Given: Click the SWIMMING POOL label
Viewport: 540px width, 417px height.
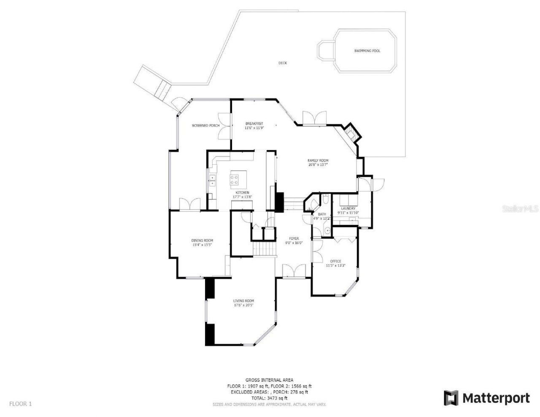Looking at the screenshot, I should [x=367, y=51].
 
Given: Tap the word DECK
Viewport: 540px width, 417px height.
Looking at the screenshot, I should [x=283, y=63].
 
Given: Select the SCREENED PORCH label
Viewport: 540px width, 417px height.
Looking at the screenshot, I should [x=206, y=126].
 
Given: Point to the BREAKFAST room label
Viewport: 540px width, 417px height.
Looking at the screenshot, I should [x=254, y=124].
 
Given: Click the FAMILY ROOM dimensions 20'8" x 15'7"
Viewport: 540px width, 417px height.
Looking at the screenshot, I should [x=318, y=165].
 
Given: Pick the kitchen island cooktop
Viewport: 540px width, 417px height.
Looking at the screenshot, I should [x=235, y=180].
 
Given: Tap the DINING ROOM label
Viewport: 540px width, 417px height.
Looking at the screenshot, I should [x=202, y=241].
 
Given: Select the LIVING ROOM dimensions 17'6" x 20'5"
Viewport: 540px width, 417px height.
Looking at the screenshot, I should [x=244, y=306].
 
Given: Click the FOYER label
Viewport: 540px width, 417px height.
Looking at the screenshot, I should [x=294, y=239].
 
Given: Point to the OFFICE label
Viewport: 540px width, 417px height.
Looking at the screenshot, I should [x=336, y=261].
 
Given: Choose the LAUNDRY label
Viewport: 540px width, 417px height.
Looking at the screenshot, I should [x=348, y=208].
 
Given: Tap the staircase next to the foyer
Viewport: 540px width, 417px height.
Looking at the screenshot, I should [x=264, y=248].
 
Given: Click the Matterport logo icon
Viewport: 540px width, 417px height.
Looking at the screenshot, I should [x=451, y=398].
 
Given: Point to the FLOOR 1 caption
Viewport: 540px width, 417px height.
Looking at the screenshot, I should [x=21, y=404].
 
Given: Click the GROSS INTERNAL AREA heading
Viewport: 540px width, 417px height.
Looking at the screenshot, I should [x=269, y=380].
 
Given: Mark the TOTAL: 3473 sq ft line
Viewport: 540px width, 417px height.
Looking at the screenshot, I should [x=269, y=398].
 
